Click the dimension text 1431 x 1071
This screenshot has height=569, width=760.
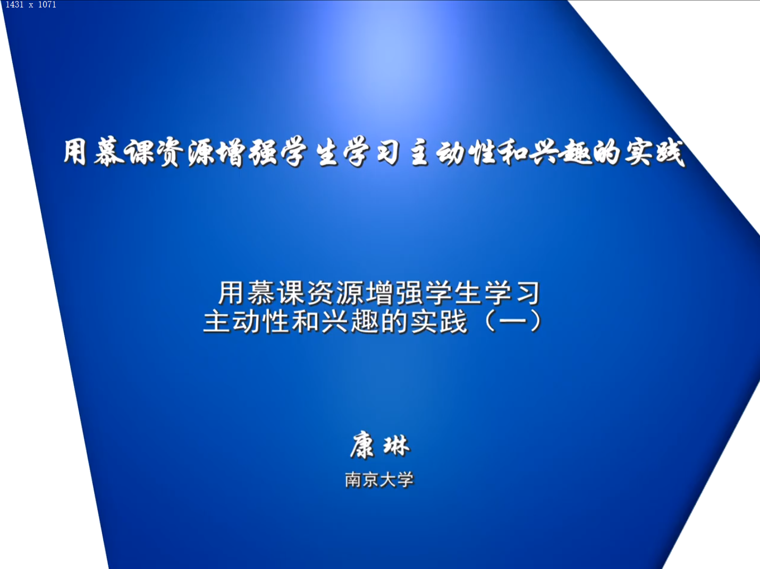coord(31,4)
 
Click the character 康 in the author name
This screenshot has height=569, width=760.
coord(362,446)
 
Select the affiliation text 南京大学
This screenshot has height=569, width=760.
coord(379,480)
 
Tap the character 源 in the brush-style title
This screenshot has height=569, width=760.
coord(202,153)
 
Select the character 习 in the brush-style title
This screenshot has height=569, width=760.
coord(388,153)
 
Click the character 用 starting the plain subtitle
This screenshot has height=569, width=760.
coord(231,293)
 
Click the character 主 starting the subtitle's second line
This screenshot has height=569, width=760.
coord(217,321)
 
